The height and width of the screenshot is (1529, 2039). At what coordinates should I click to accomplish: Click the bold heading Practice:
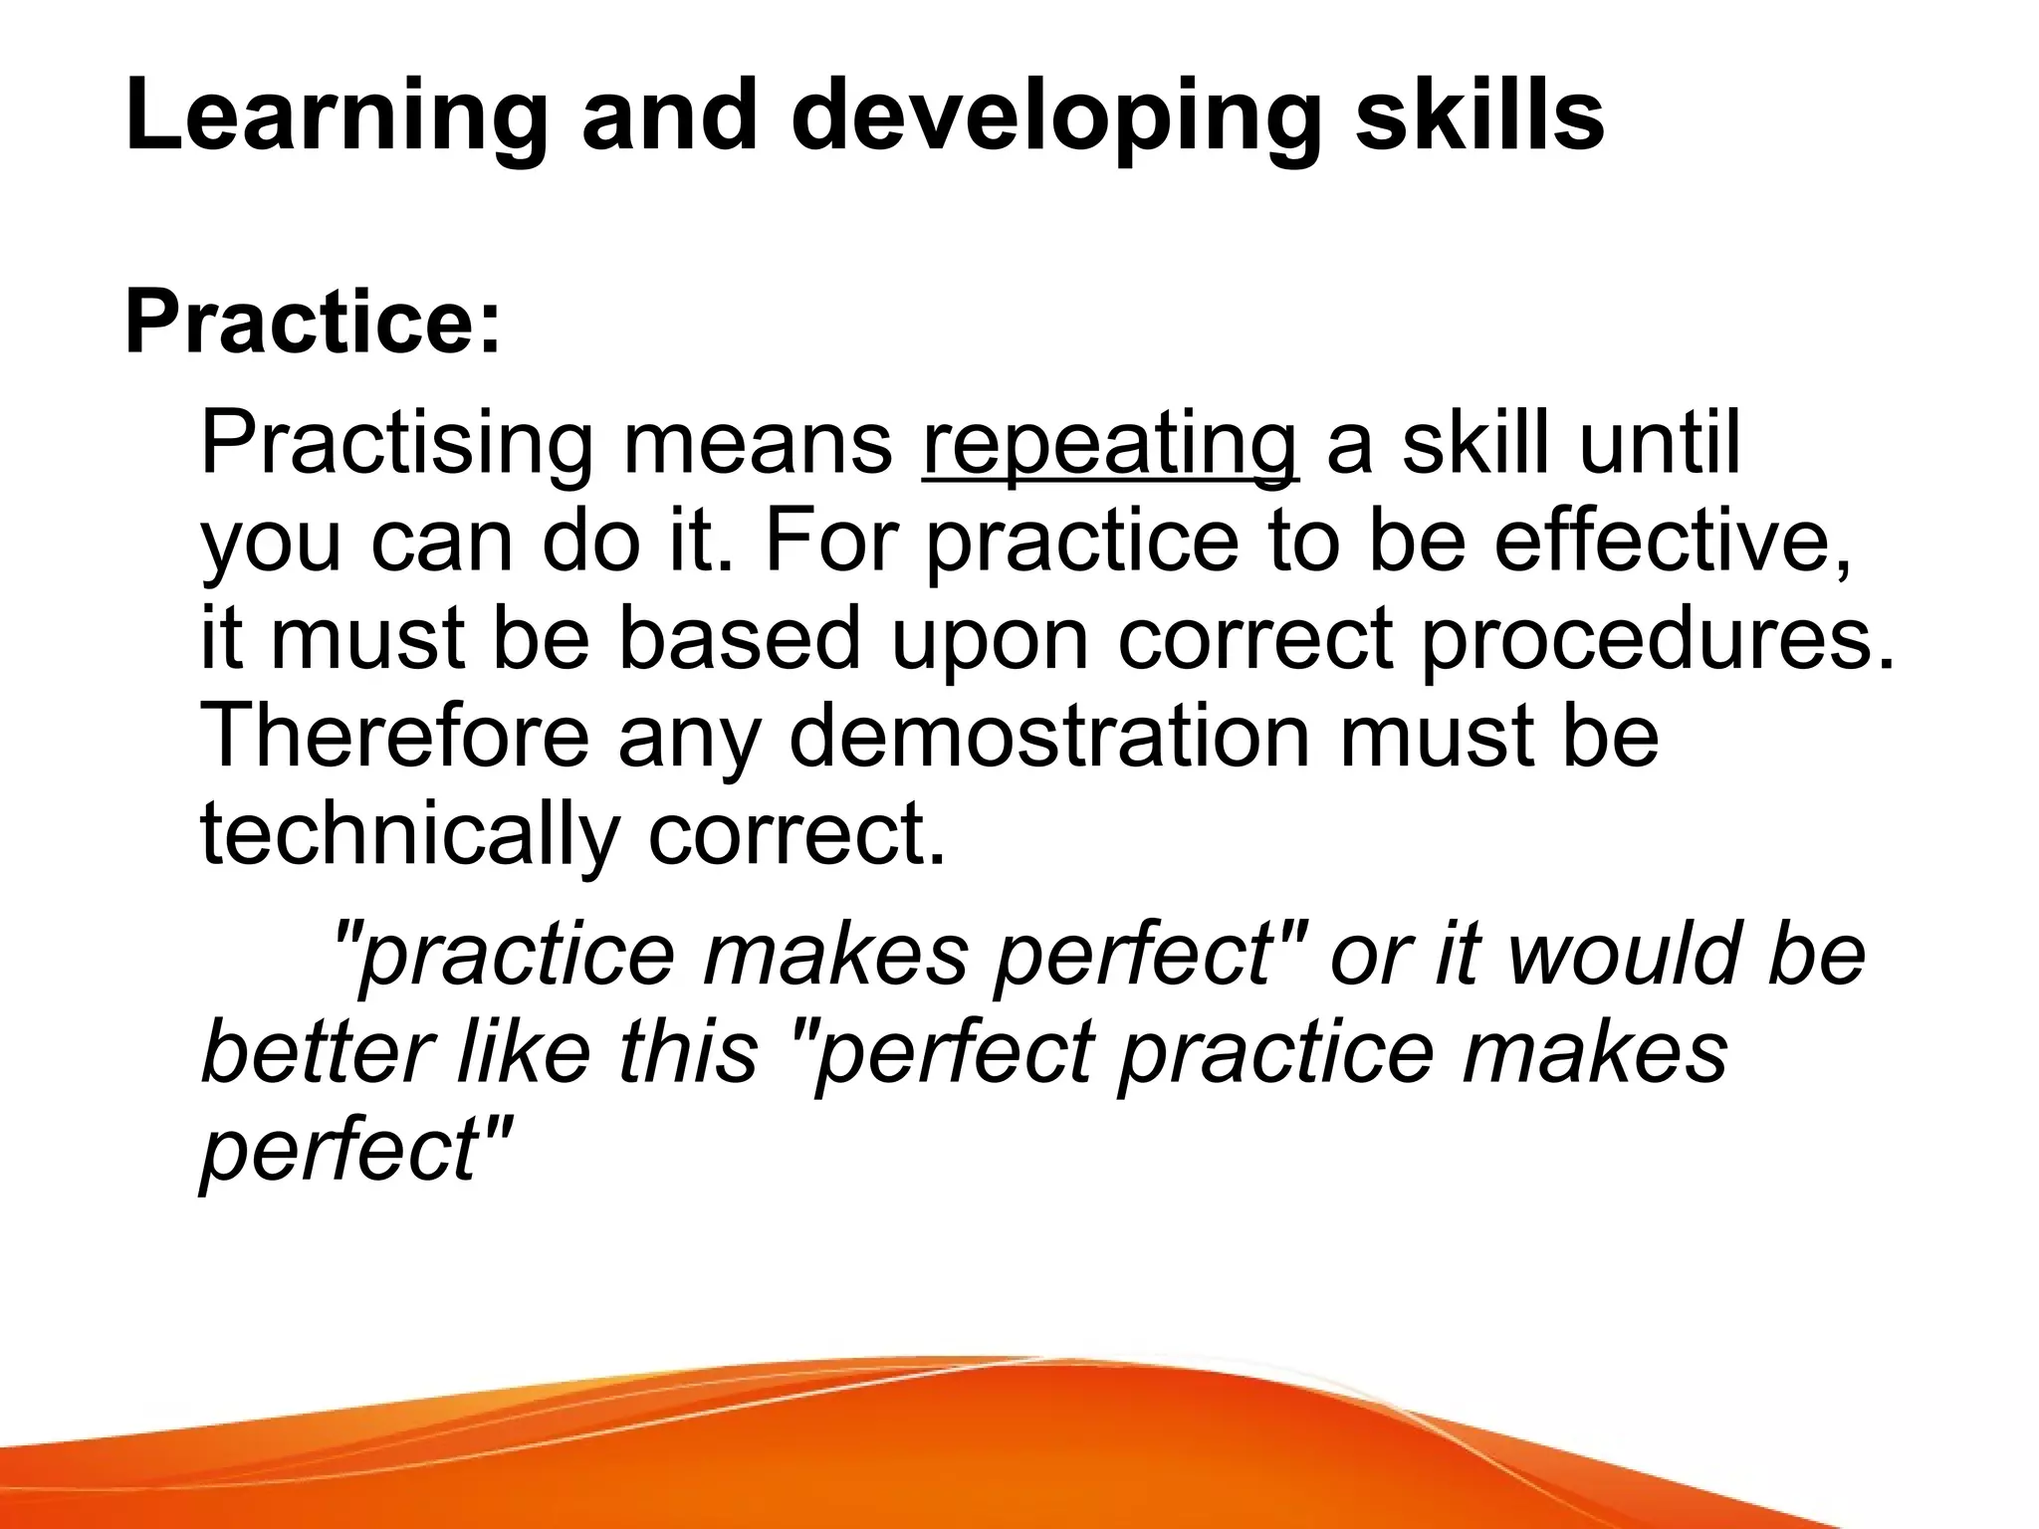313,324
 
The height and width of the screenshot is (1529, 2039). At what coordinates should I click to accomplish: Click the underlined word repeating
1110,445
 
